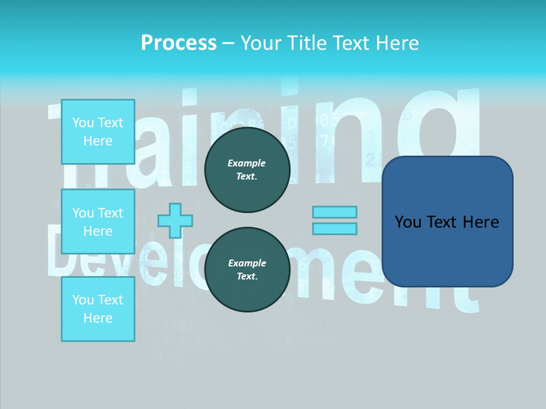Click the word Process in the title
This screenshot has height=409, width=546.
(x=179, y=43)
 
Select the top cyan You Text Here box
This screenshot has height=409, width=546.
(x=98, y=132)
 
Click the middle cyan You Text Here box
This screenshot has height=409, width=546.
(x=98, y=222)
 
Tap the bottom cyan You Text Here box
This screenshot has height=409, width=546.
(x=98, y=309)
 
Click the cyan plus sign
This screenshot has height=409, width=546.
(x=175, y=220)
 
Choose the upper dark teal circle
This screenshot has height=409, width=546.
(x=247, y=170)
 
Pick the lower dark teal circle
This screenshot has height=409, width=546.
(x=247, y=270)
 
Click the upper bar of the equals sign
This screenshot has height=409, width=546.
(x=334, y=212)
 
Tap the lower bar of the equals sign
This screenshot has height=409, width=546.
(x=334, y=229)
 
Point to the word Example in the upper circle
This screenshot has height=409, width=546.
(x=247, y=163)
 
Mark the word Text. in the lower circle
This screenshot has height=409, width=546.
(x=247, y=277)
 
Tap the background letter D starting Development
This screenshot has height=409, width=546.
(x=65, y=250)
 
